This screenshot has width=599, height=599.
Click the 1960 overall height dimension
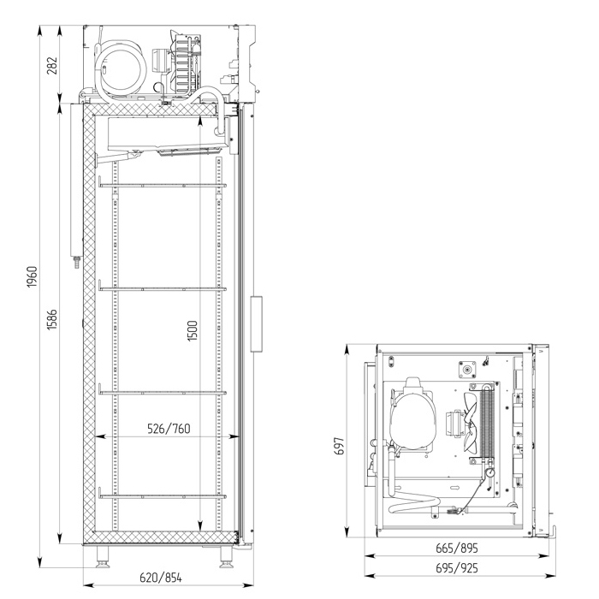33,277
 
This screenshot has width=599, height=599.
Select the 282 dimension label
52,65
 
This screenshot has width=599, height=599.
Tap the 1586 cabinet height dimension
52,319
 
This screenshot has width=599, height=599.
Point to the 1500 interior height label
193,330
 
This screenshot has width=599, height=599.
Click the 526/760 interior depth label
169,429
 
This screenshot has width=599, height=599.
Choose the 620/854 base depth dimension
161,578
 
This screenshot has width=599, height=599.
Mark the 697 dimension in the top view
339,446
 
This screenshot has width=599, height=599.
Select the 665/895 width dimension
457,549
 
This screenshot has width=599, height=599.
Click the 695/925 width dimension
457,568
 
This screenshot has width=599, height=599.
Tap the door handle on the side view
257,323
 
